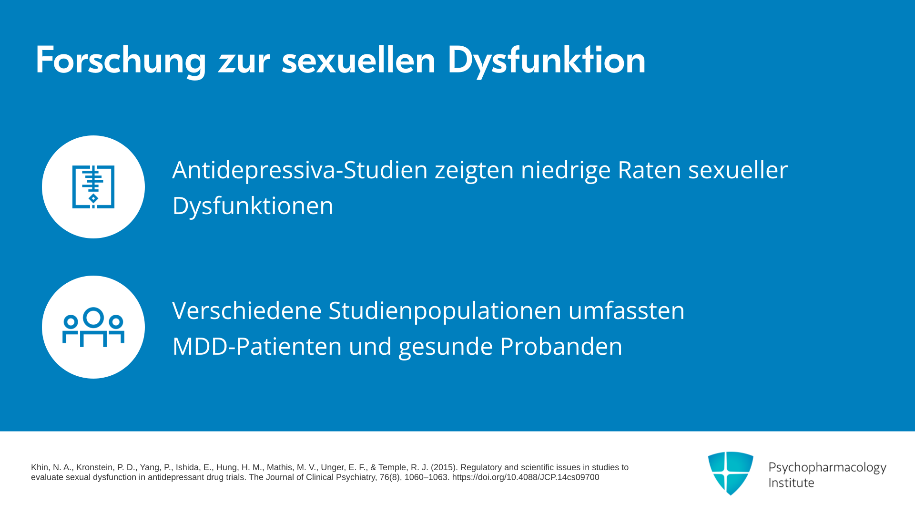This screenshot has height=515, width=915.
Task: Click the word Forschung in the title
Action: click(121, 61)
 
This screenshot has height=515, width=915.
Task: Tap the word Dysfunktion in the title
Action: click(547, 61)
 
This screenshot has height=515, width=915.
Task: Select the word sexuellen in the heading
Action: click(358, 61)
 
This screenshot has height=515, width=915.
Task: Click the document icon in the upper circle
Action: click(93, 187)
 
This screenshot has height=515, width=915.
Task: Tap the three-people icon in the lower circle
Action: click(93, 327)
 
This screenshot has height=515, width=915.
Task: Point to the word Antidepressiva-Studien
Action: click(300, 170)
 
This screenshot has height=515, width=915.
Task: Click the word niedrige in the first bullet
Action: click(566, 170)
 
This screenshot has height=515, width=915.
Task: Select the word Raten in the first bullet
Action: click(650, 170)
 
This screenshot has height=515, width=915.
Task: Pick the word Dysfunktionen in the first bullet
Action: click(253, 206)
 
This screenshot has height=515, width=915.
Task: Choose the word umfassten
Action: click(627, 311)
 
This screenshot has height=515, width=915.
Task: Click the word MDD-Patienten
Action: click(257, 347)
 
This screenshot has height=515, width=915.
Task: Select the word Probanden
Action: click(561, 347)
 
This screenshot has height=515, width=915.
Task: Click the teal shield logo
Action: click(731, 473)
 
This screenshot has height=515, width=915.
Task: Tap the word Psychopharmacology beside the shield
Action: click(827, 468)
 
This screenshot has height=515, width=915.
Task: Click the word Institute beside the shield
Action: click(792, 483)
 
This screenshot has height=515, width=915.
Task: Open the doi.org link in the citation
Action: click(526, 477)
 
